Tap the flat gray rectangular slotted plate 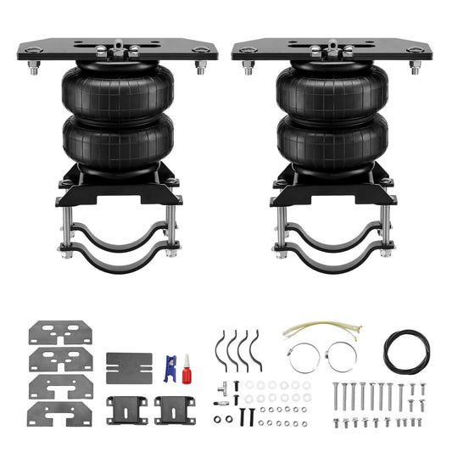[x=129, y=367]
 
